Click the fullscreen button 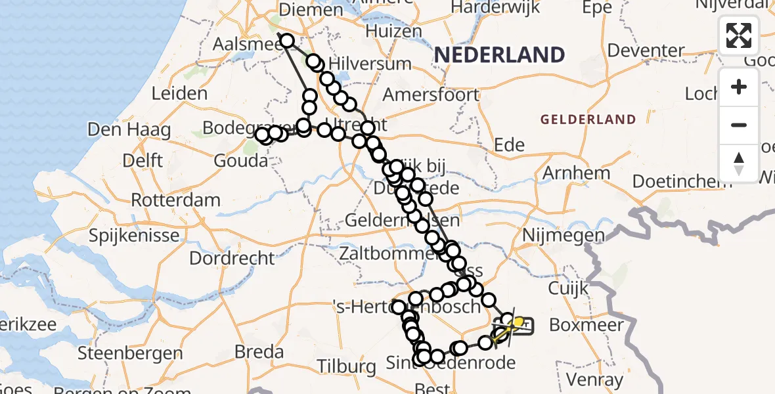tap(739, 35)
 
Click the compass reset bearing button tap(739, 163)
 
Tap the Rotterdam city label tap(175, 199)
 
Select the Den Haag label tap(129, 129)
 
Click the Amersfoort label tap(431, 95)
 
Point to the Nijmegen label tap(554, 235)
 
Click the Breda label tap(259, 351)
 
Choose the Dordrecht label tap(232, 257)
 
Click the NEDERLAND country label tap(499, 55)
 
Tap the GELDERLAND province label tap(588, 120)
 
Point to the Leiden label tap(179, 93)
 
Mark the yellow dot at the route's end tap(518, 322)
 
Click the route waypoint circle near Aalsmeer tap(287, 41)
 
